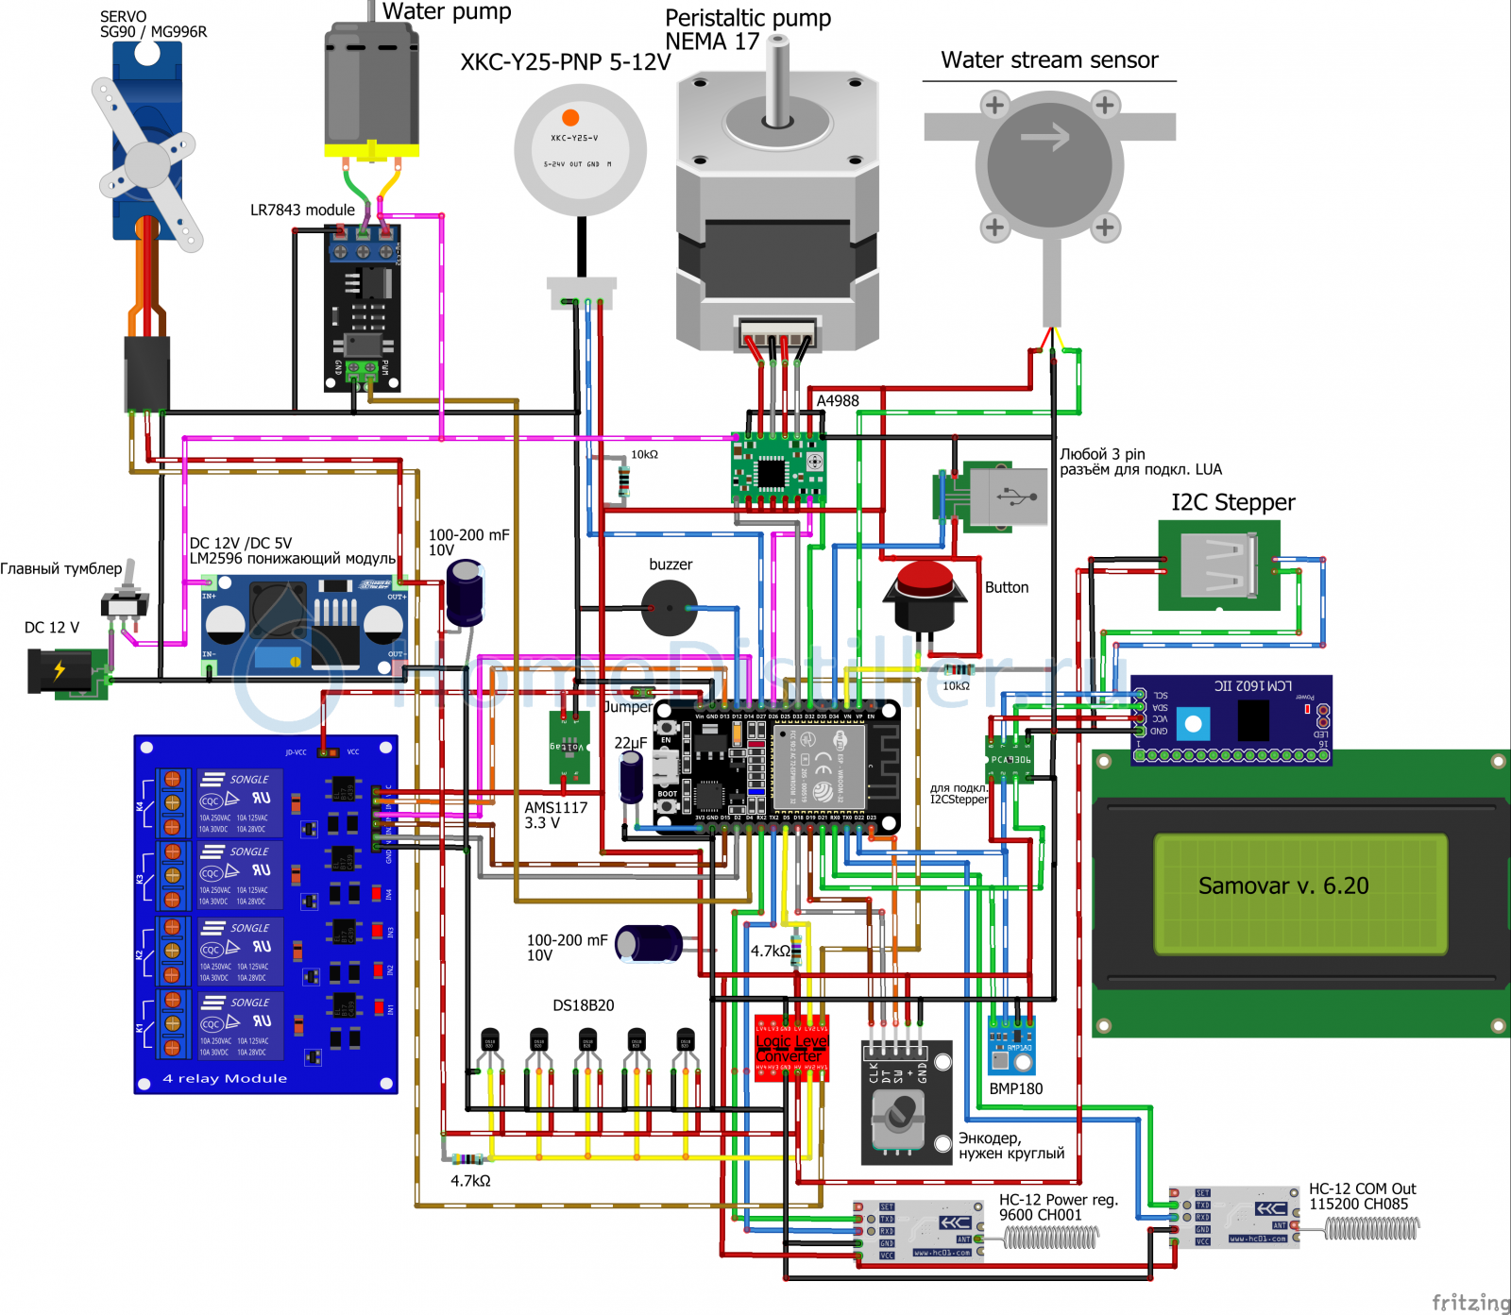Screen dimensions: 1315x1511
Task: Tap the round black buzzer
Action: (670, 608)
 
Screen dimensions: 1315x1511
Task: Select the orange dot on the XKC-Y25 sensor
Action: (570, 117)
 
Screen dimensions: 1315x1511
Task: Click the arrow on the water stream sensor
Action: (1045, 138)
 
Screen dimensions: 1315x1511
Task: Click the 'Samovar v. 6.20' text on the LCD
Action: (1282, 885)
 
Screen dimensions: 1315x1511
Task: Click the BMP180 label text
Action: (1015, 1088)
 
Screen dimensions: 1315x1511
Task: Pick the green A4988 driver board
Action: (778, 469)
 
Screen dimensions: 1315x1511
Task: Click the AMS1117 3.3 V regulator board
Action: (569, 746)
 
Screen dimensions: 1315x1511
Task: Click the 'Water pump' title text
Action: (447, 11)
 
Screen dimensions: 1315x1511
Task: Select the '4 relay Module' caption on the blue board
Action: (225, 1078)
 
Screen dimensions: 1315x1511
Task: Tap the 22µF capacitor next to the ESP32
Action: (631, 776)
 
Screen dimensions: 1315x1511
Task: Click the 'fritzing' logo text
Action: (1469, 1302)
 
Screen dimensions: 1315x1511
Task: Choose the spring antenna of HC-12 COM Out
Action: (1371, 1227)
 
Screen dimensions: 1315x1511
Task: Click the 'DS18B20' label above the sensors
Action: (583, 1005)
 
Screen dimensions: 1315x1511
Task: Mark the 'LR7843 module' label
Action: (302, 210)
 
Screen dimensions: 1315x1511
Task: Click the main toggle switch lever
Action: (132, 576)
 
